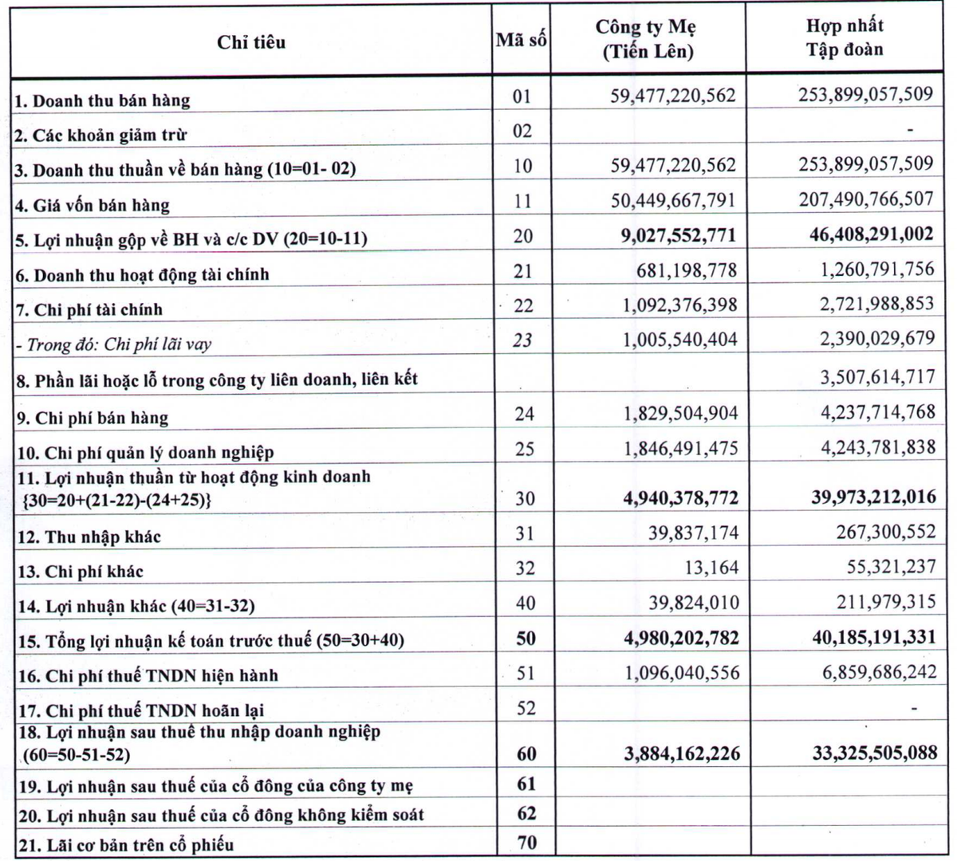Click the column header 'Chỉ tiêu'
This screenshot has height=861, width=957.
click(x=250, y=42)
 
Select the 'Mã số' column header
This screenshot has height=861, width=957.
click(x=522, y=39)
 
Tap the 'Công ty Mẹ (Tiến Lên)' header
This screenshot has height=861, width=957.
click(x=646, y=39)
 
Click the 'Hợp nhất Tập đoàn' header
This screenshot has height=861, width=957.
click(x=845, y=37)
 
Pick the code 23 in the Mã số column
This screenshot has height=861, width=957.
click(x=523, y=340)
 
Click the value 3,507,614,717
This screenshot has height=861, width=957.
click(x=877, y=376)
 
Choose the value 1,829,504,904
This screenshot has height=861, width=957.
click(x=680, y=414)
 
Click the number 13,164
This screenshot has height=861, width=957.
click(x=704, y=568)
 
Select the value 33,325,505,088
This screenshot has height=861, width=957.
click(x=875, y=753)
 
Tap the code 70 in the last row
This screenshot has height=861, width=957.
click(x=526, y=843)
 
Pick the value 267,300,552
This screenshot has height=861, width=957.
click(x=886, y=532)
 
